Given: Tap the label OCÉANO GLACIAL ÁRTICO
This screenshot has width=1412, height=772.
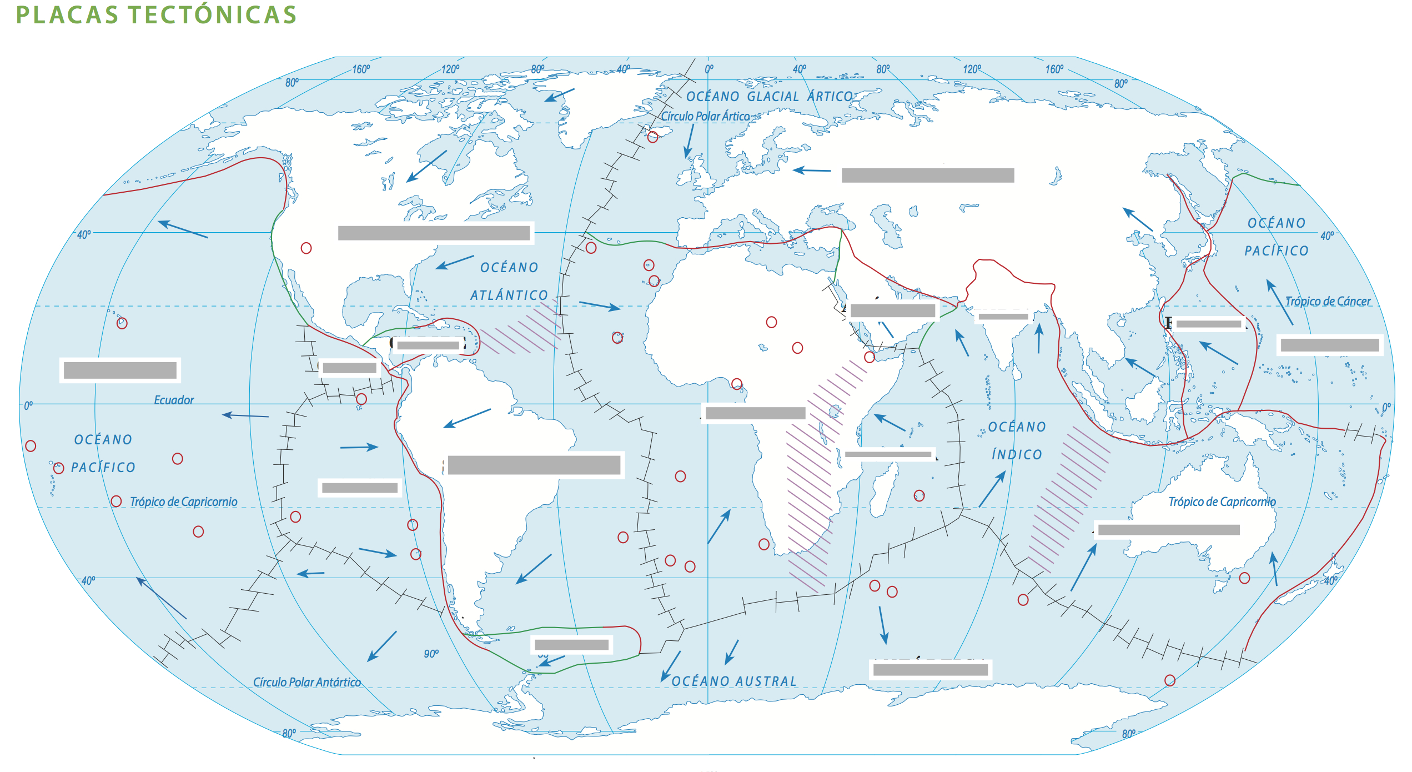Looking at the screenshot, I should (769, 97).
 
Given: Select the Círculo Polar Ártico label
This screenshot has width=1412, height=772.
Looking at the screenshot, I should (705, 117).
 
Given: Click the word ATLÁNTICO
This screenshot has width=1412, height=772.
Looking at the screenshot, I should (509, 295).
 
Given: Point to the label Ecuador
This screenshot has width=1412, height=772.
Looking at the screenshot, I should (174, 400).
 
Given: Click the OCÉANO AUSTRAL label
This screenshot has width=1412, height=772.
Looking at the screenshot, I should (733, 681).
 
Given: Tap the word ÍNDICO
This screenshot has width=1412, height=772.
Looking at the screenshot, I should (1017, 455).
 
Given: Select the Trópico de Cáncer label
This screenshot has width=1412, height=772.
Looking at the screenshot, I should (1328, 302).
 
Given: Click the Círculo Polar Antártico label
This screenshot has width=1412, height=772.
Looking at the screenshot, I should (306, 682).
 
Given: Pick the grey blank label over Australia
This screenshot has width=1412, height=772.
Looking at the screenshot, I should (1168, 530).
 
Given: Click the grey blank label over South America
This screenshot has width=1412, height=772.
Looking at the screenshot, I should (534, 465).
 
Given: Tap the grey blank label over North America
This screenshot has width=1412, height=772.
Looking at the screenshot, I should (434, 233).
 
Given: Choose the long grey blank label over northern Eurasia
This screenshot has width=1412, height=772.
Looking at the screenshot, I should (927, 176).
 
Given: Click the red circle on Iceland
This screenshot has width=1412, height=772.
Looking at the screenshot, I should (652, 137).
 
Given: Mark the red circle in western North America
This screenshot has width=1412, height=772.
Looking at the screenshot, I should (306, 248).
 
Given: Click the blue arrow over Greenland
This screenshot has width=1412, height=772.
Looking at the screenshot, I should (559, 95).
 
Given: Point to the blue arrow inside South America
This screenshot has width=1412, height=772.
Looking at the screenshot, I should (466, 418).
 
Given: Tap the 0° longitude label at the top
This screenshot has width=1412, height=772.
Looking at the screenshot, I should (709, 69).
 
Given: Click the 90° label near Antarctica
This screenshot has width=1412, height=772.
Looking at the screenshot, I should (431, 654).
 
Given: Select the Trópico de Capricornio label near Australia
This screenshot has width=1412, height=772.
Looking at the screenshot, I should (1222, 502).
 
